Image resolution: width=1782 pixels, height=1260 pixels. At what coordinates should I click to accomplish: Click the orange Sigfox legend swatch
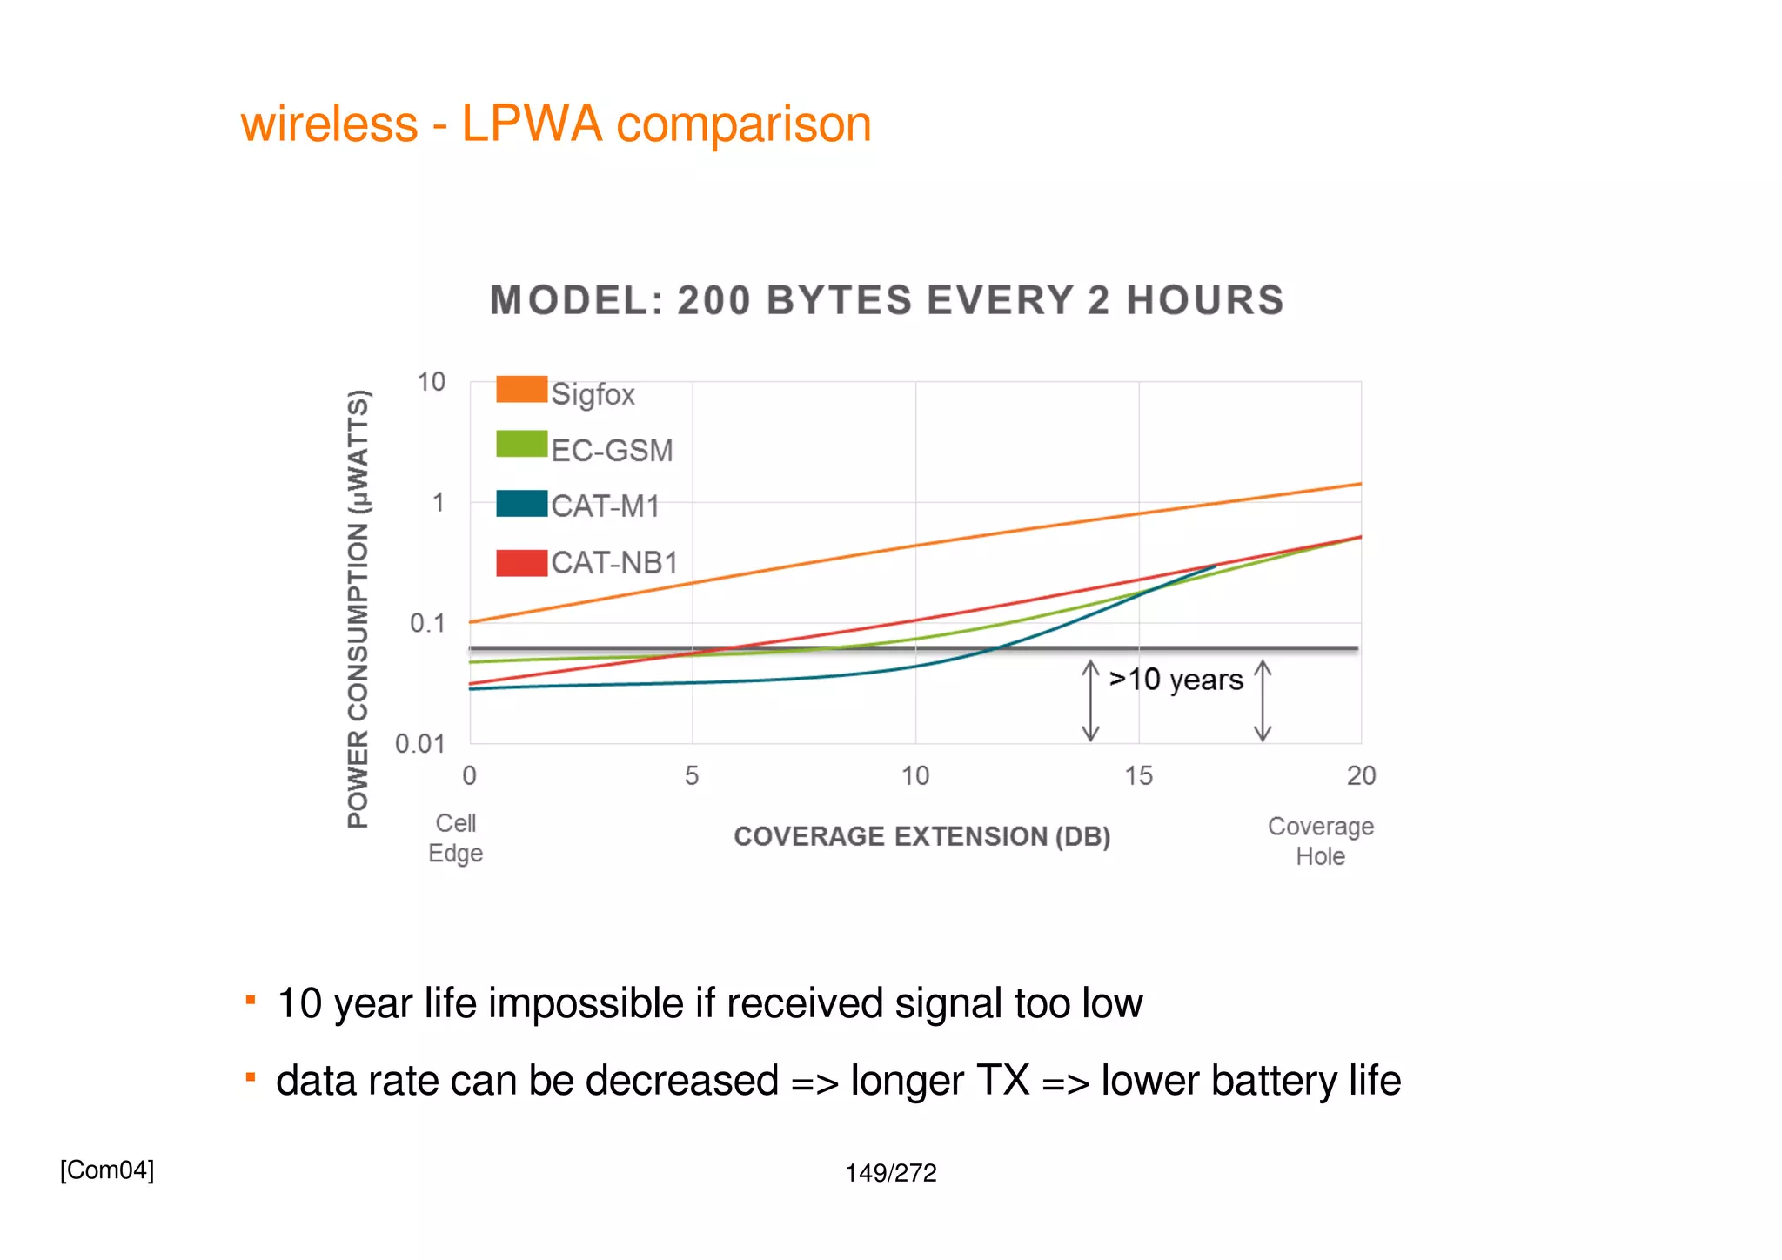click(x=521, y=389)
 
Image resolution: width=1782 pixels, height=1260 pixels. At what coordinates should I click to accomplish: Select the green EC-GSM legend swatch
click(x=521, y=444)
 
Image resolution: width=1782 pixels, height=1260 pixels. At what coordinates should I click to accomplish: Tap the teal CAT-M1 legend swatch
click(x=521, y=504)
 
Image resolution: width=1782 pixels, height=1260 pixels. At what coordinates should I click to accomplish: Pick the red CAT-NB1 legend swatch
click(x=521, y=563)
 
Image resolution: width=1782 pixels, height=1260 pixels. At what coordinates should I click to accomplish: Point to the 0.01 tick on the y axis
click(x=419, y=744)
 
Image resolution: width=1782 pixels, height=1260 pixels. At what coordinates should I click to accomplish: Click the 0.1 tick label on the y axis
click(x=426, y=623)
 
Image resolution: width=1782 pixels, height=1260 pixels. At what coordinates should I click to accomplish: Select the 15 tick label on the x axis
click(x=1138, y=775)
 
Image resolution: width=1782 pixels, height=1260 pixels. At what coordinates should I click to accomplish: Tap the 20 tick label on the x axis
click(x=1361, y=775)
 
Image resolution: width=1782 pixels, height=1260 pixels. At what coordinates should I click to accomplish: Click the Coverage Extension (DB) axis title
click(x=921, y=836)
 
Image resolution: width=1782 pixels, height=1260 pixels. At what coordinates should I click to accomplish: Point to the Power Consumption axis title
click(x=358, y=609)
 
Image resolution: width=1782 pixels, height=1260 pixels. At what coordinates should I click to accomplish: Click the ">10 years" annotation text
click(x=1176, y=680)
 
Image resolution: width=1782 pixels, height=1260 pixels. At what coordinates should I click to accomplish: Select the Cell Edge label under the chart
click(x=455, y=838)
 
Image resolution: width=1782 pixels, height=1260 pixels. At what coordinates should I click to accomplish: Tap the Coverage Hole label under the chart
click(x=1320, y=841)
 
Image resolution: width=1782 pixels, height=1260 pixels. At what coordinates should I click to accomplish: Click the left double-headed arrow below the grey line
click(x=1090, y=700)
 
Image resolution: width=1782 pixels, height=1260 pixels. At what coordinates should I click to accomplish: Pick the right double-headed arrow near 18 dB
click(x=1263, y=700)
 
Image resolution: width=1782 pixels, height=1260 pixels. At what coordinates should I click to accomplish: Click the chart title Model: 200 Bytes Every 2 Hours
click(x=887, y=300)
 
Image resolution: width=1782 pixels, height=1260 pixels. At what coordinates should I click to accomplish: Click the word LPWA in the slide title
click(x=531, y=124)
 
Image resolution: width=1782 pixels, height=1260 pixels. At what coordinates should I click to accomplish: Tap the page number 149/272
click(x=891, y=1173)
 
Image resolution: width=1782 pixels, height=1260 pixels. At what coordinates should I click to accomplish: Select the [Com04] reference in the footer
click(x=107, y=1170)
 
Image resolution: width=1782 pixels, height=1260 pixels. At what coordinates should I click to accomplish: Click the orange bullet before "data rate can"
click(x=251, y=1078)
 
